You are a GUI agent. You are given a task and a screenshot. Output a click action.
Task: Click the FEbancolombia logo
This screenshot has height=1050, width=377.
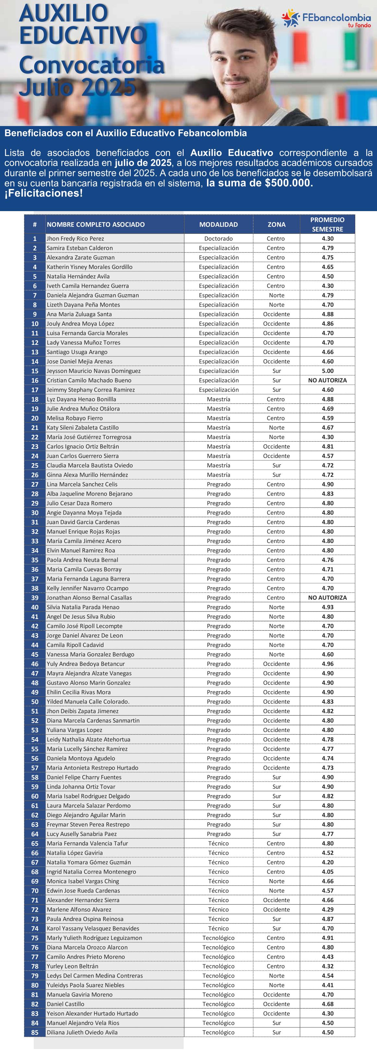[326, 18]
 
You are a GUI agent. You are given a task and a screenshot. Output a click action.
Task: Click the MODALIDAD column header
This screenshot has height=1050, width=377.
[218, 224]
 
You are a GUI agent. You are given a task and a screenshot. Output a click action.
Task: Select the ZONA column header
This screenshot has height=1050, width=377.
[276, 224]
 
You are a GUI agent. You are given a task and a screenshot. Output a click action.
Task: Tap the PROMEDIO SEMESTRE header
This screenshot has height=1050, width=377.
[327, 224]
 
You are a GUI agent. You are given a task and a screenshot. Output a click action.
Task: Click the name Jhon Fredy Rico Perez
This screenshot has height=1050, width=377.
[75, 238]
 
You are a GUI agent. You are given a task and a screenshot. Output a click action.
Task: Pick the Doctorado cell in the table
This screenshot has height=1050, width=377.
[218, 238]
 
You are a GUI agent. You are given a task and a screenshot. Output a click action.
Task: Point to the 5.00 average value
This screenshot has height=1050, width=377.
[327, 371]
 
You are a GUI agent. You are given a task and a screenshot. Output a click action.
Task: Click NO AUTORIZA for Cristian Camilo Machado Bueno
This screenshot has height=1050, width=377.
[327, 380]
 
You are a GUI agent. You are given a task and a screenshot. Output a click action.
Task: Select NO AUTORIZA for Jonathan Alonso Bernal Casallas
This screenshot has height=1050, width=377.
[327, 598]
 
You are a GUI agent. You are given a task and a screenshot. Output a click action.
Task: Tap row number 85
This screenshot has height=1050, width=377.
[35, 1032]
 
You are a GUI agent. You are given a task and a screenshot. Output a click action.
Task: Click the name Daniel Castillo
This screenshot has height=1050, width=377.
[66, 1004]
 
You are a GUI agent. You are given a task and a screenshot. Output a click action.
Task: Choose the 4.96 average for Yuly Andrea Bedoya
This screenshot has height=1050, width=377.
[327, 664]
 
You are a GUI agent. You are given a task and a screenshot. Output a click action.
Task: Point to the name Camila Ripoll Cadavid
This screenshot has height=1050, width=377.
[75, 645]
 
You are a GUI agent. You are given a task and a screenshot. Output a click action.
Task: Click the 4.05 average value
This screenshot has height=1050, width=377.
[327, 871]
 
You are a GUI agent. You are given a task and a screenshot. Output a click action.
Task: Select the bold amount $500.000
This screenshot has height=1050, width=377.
[289, 183]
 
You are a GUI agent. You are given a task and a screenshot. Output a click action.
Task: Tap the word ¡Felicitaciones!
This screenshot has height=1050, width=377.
[43, 193]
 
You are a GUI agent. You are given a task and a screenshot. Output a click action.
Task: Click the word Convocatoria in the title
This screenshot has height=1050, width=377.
[91, 65]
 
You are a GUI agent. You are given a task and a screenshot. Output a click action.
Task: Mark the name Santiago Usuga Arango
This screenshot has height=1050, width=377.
[77, 352]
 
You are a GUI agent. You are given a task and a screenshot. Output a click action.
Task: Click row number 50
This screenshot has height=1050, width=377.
[35, 702]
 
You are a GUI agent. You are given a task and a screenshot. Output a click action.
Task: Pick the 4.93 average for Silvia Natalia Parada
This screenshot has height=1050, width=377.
[327, 607]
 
